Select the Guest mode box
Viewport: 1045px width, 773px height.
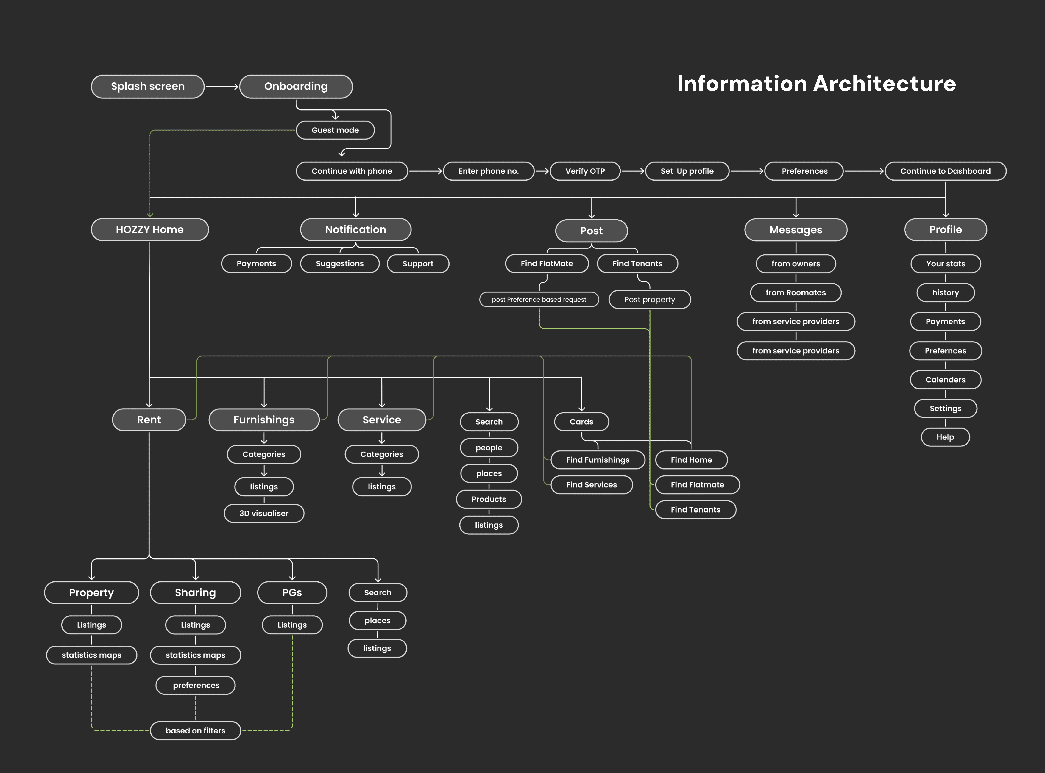(335, 130)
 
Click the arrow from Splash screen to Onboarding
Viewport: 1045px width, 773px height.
(222, 87)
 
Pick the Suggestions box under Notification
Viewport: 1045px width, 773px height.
(340, 263)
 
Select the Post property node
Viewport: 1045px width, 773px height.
(650, 299)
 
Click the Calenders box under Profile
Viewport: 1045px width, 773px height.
(945, 379)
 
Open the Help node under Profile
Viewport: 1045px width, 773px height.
(945, 437)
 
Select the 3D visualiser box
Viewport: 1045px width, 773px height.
(264, 513)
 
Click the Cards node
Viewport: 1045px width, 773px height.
(581, 422)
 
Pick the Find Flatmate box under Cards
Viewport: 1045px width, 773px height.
(697, 485)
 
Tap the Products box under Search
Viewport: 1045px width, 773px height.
(489, 499)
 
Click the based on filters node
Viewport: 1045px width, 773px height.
(196, 730)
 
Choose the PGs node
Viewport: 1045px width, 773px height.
(292, 592)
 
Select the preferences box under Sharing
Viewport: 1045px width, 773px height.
(196, 685)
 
